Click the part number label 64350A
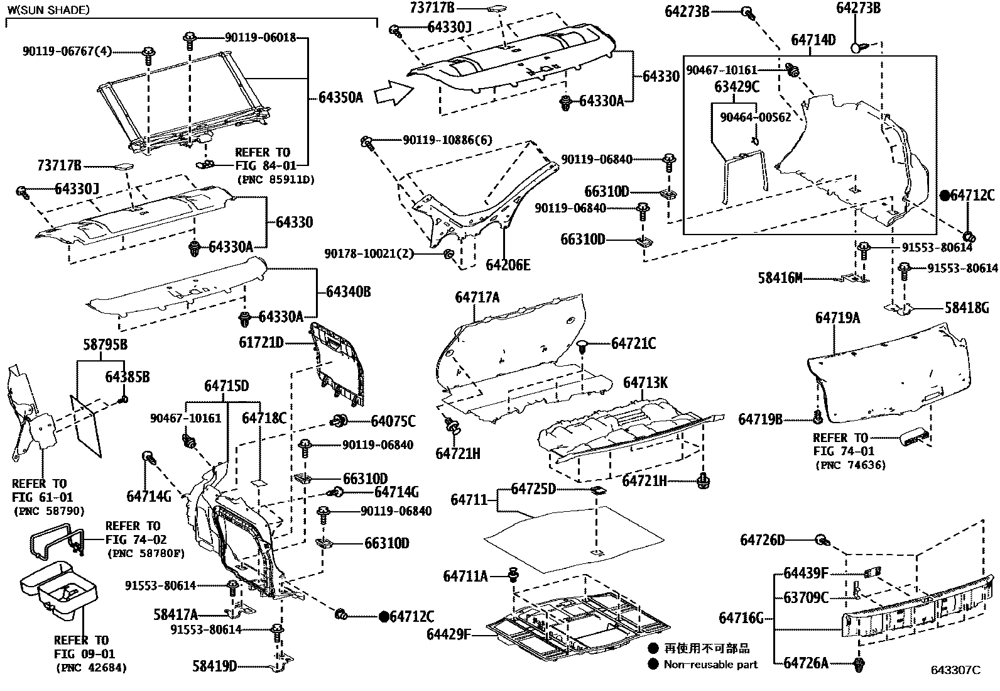click(x=340, y=97)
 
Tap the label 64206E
click(x=508, y=265)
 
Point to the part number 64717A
click(x=477, y=297)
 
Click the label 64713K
click(x=645, y=383)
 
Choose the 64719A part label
click(x=837, y=318)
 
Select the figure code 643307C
click(x=955, y=670)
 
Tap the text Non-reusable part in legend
click(x=710, y=665)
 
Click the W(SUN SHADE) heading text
click(x=48, y=10)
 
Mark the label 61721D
click(x=261, y=343)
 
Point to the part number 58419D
click(x=215, y=666)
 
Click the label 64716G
click(x=741, y=619)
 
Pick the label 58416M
click(x=780, y=277)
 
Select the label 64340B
click(x=348, y=292)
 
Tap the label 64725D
click(x=533, y=489)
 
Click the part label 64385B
click(x=128, y=377)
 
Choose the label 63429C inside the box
click(x=737, y=87)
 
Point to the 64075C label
click(x=393, y=421)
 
